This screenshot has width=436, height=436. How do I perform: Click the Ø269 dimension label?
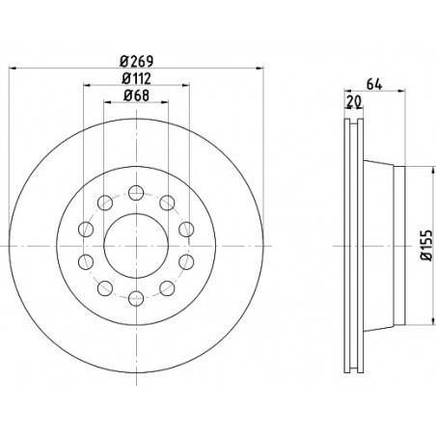click(x=137, y=61)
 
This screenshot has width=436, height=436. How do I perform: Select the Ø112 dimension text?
click(x=137, y=78)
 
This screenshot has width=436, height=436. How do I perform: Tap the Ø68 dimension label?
click(x=137, y=95)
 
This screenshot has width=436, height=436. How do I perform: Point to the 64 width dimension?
click(x=374, y=85)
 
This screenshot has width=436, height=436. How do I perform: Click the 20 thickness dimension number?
click(x=354, y=101)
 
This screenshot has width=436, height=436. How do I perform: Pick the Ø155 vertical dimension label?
click(x=426, y=245)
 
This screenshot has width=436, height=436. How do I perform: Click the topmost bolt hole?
click(x=136, y=193)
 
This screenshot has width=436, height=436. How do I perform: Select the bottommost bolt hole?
click(x=136, y=298)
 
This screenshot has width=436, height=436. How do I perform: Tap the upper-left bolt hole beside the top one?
click(x=105, y=203)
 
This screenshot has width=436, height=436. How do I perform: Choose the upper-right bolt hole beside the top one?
click(x=167, y=203)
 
